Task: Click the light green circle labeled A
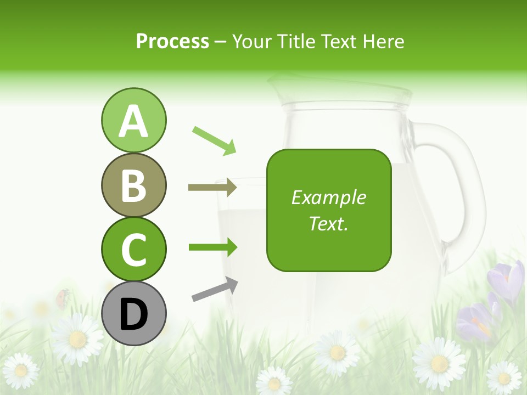click(x=133, y=120)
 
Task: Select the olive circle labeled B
click(x=133, y=185)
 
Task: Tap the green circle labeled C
click(x=133, y=249)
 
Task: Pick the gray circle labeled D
click(x=133, y=313)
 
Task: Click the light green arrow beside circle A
click(x=214, y=140)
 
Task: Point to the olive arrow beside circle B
click(x=212, y=188)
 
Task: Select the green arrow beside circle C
click(x=212, y=247)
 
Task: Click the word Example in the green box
click(x=328, y=198)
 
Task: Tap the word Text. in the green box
click(x=328, y=223)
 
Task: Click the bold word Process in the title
click(x=172, y=41)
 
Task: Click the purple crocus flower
click(x=508, y=280)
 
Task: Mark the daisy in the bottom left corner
click(x=20, y=371)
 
